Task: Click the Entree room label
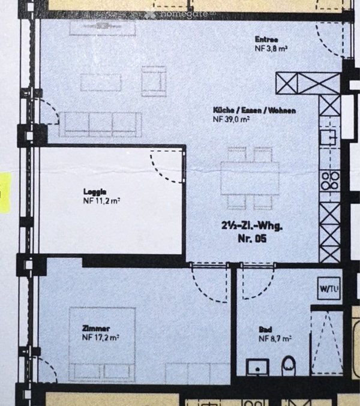click(x=266, y=40)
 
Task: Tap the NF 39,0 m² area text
click(x=231, y=119)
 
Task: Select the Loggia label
click(x=95, y=192)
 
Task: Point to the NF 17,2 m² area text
click(x=100, y=338)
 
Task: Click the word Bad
click(x=265, y=330)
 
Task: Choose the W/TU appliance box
click(x=329, y=288)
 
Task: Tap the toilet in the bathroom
click(x=289, y=366)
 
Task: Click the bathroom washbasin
click(x=257, y=367)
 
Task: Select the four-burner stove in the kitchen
click(x=330, y=181)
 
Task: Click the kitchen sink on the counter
click(x=328, y=137)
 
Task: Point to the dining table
click(x=250, y=178)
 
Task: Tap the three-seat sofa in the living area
click(x=100, y=125)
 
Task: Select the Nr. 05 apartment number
click(x=252, y=239)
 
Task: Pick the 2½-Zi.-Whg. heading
click(x=252, y=225)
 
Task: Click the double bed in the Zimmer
click(x=103, y=345)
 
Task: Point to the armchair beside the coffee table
click(x=154, y=81)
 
